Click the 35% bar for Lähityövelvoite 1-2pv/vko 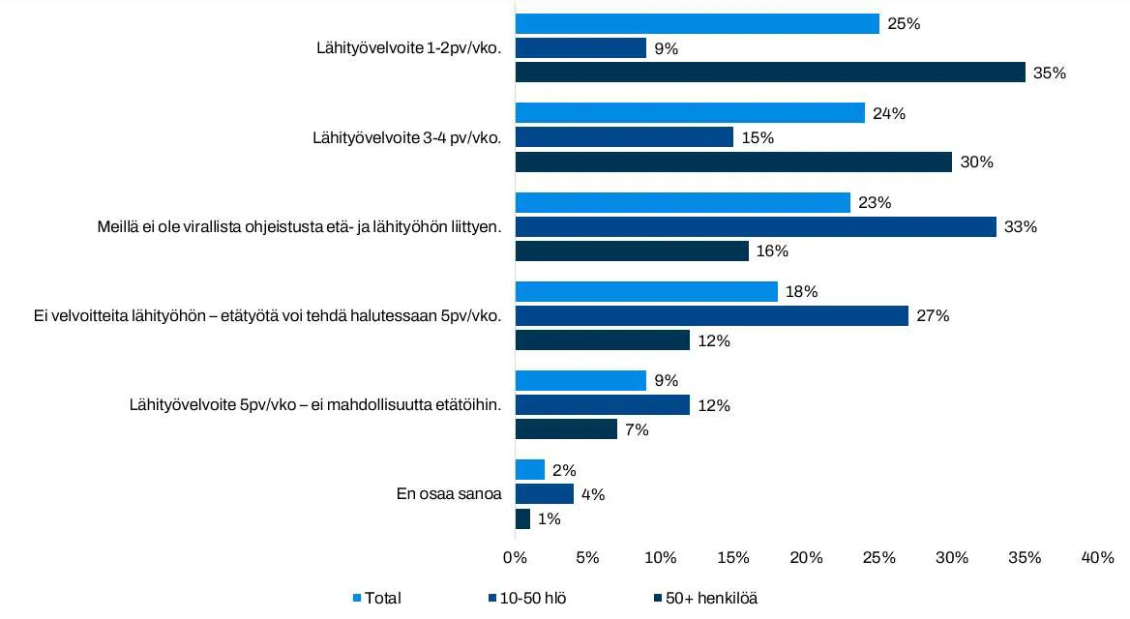pyautogui.click(x=770, y=73)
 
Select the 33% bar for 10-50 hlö pyautogui.click(x=756, y=226)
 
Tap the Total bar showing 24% pyautogui.click(x=690, y=113)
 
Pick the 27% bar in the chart pyautogui.click(x=712, y=315)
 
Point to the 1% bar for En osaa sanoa pyautogui.click(x=522, y=518)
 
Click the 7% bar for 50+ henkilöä pyautogui.click(x=566, y=429)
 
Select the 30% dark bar pyautogui.click(x=733, y=162)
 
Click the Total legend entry pyautogui.click(x=382, y=598)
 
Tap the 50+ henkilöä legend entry pyautogui.click(x=711, y=598)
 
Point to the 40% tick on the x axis pyautogui.click(x=1098, y=557)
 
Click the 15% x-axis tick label pyautogui.click(x=733, y=557)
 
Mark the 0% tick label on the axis pyautogui.click(x=515, y=557)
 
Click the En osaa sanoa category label pyautogui.click(x=449, y=494)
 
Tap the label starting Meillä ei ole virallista pyautogui.click(x=299, y=227)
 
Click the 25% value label pyautogui.click(x=904, y=23)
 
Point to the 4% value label pyautogui.click(x=592, y=494)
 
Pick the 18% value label pyautogui.click(x=802, y=291)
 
